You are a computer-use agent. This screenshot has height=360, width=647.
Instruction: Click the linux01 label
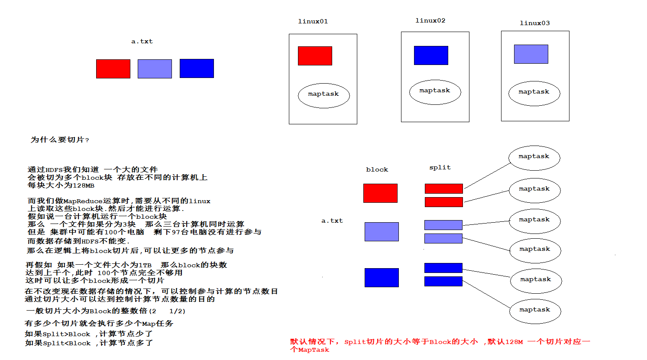[x=313, y=21]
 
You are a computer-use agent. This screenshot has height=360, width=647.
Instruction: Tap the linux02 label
[x=430, y=20]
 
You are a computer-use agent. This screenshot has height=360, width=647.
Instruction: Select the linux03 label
[x=534, y=23]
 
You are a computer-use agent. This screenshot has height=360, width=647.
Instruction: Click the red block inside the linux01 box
[x=315, y=56]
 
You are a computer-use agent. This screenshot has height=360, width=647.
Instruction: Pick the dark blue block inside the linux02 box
[x=431, y=55]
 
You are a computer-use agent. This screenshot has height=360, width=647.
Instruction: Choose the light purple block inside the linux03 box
[x=531, y=54]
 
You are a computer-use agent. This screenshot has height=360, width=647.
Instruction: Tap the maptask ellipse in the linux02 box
[x=435, y=92]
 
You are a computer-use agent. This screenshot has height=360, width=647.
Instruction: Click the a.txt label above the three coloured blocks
[x=142, y=41]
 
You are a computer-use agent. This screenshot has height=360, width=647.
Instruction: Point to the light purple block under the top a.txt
[x=155, y=69]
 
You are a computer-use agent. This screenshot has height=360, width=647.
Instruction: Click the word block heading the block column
[x=377, y=169]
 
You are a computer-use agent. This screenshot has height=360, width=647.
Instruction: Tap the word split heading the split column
[x=440, y=167]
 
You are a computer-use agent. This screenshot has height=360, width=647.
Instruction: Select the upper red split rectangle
[x=443, y=188]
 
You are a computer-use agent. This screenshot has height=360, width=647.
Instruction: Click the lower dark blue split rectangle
[x=443, y=282]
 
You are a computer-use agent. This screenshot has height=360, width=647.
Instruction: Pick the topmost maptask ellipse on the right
[x=534, y=158]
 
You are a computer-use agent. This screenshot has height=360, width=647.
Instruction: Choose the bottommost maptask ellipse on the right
[x=535, y=311]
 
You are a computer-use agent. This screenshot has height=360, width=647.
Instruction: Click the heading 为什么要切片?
[x=60, y=139]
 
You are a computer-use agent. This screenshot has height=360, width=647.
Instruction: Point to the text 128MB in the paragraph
[x=83, y=185]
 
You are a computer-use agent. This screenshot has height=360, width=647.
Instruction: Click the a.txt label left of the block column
[x=332, y=221]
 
